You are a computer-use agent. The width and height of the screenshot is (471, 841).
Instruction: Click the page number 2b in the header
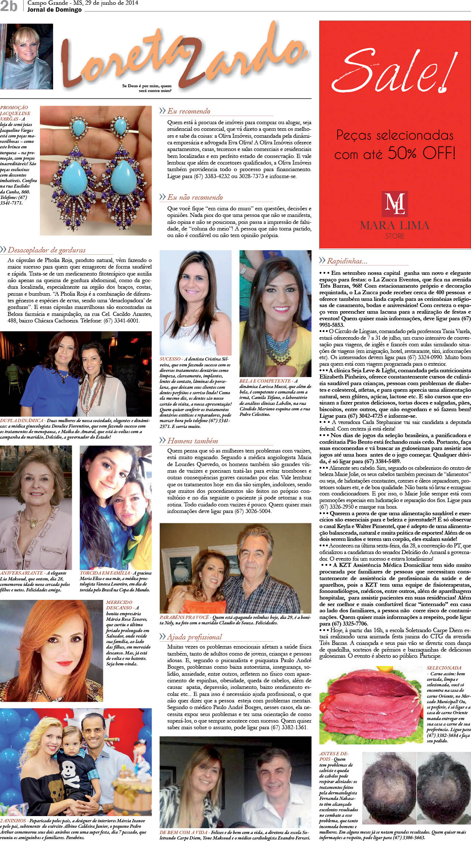pyautogui.click(x=9, y=6)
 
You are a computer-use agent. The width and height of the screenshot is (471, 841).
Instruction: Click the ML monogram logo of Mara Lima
pyautogui.click(x=394, y=203)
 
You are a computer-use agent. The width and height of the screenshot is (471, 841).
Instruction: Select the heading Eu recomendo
pyautogui.click(x=189, y=111)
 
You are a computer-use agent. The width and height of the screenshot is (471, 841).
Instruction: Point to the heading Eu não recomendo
pyautogui.click(x=195, y=197)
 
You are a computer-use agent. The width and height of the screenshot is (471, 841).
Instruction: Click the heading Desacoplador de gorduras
pyautogui.click(x=47, y=250)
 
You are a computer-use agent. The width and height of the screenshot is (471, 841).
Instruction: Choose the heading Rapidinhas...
pyautogui.click(x=347, y=261)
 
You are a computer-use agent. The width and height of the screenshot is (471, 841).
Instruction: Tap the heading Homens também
pyautogui.click(x=193, y=440)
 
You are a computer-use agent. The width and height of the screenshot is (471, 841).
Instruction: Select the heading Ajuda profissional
pyautogui.click(x=194, y=637)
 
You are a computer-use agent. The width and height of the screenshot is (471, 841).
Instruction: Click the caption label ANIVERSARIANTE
pyautogui.click(x=22, y=573)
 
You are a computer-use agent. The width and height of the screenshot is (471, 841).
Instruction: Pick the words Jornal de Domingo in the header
pyautogui.click(x=54, y=10)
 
